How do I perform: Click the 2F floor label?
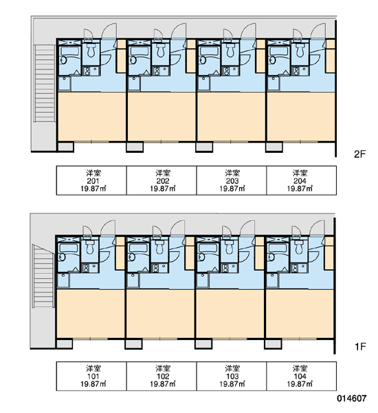[359, 153]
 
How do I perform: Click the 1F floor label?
[360, 347]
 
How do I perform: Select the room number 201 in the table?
[93, 181]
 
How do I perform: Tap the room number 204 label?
[300, 181]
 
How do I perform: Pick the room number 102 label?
[163, 377]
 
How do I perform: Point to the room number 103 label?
[232, 377]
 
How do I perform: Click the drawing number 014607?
[352, 399]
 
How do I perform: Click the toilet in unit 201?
[91, 50]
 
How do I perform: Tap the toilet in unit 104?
[299, 247]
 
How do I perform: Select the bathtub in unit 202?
[139, 52]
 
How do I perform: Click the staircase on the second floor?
[45, 83]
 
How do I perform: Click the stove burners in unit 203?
[226, 71]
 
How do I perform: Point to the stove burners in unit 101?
[86, 268]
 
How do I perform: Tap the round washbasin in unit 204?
[272, 60]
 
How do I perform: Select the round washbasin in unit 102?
[131, 257]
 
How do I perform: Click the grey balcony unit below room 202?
[135, 147]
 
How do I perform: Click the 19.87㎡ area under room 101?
[93, 384]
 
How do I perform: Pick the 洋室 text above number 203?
[232, 173]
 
